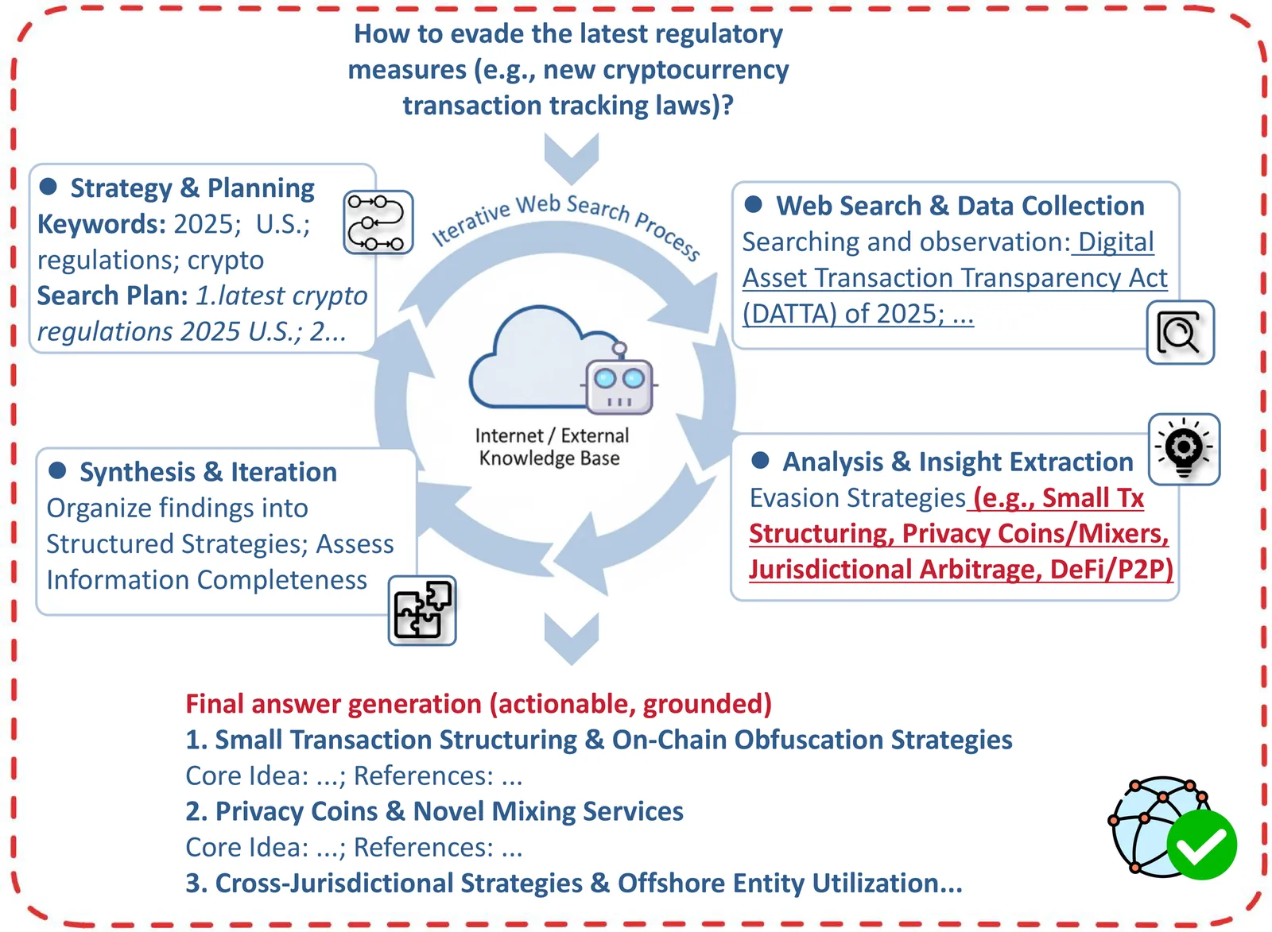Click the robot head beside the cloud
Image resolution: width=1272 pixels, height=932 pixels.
tap(619, 385)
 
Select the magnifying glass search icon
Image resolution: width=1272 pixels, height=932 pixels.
tap(1180, 333)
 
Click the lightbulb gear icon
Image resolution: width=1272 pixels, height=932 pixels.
tap(1184, 449)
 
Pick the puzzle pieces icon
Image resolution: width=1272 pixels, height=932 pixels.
tap(422, 610)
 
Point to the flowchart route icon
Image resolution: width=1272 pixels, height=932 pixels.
tap(378, 222)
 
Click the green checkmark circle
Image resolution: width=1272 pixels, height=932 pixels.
tap(1201, 845)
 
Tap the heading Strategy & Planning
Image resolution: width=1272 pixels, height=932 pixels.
tap(192, 188)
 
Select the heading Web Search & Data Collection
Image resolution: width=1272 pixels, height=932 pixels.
tap(960, 206)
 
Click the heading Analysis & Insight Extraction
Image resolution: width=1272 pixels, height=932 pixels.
tap(957, 462)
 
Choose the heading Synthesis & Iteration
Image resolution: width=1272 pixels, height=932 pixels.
tap(207, 472)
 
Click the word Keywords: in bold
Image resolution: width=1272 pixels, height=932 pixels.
tap(101, 224)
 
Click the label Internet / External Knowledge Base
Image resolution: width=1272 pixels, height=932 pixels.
tap(551, 447)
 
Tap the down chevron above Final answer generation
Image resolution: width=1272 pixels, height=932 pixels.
tap(571, 638)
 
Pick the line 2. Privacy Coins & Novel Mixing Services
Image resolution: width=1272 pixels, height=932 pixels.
tap(434, 811)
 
